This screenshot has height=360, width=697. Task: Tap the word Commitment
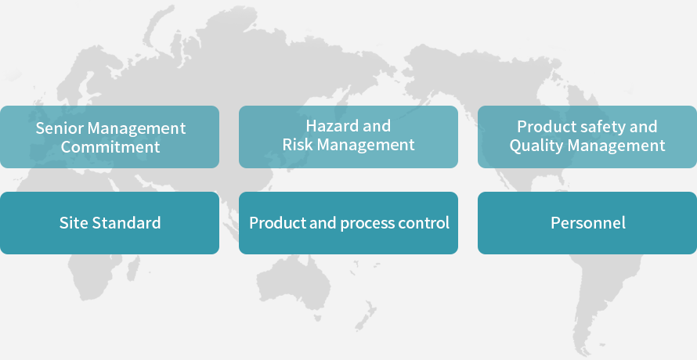click(x=110, y=146)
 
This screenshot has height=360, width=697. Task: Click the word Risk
click(x=298, y=145)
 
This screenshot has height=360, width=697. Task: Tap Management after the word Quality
click(x=616, y=146)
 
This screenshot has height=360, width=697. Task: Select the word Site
click(x=73, y=223)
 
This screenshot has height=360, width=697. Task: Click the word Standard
click(x=126, y=223)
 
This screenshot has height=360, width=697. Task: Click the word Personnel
click(x=588, y=223)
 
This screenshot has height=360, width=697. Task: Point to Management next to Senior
click(x=136, y=129)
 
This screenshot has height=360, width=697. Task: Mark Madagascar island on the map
click(x=133, y=268)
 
